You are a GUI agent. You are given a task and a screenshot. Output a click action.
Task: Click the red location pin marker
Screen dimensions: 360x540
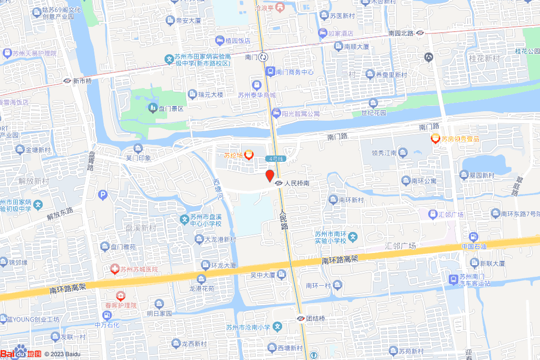pos(269,176)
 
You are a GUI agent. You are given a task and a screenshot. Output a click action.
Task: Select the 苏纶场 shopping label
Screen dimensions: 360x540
pos(233,155)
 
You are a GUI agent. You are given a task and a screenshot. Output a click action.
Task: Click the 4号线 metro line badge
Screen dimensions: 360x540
pos(275,159)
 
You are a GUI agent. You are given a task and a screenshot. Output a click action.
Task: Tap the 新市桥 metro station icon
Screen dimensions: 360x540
pos(67,81)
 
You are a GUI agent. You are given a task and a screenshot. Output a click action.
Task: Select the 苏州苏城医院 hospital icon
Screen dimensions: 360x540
pos(114,269)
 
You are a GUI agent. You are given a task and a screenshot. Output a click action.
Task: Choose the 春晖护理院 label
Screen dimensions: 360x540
pos(119,305)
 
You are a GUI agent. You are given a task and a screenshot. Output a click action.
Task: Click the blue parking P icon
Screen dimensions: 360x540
pos(103,195)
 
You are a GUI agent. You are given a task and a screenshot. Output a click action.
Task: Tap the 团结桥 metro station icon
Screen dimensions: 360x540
pos(300,318)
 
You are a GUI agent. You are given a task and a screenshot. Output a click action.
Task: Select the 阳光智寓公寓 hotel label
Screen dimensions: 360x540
pos(301,113)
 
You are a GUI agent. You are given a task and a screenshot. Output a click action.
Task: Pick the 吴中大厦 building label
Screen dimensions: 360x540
pos(262,275)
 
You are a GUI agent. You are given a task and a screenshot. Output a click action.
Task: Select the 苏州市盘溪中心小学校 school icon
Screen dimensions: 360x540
pos(184,219)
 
